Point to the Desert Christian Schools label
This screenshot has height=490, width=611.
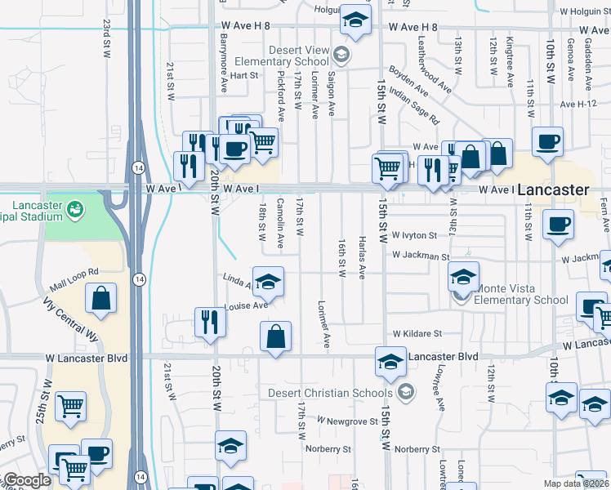coord(332,393)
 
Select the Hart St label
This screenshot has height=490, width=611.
coord(243,75)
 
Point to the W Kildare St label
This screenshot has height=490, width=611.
coord(417,334)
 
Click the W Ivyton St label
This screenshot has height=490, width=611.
coord(414,235)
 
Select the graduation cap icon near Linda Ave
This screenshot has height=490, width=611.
coord(268,282)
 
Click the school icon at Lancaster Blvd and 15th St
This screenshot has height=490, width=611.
coord(391,361)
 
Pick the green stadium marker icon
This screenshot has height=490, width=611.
coord(76,210)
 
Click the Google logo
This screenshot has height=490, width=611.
coord(27,481)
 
